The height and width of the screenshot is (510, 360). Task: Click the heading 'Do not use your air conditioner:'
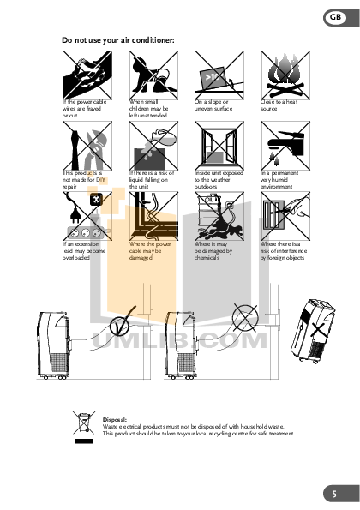coord(118,39)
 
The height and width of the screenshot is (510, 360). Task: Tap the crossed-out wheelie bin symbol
coord(83,423)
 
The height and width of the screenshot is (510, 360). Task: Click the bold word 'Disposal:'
coord(115,419)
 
